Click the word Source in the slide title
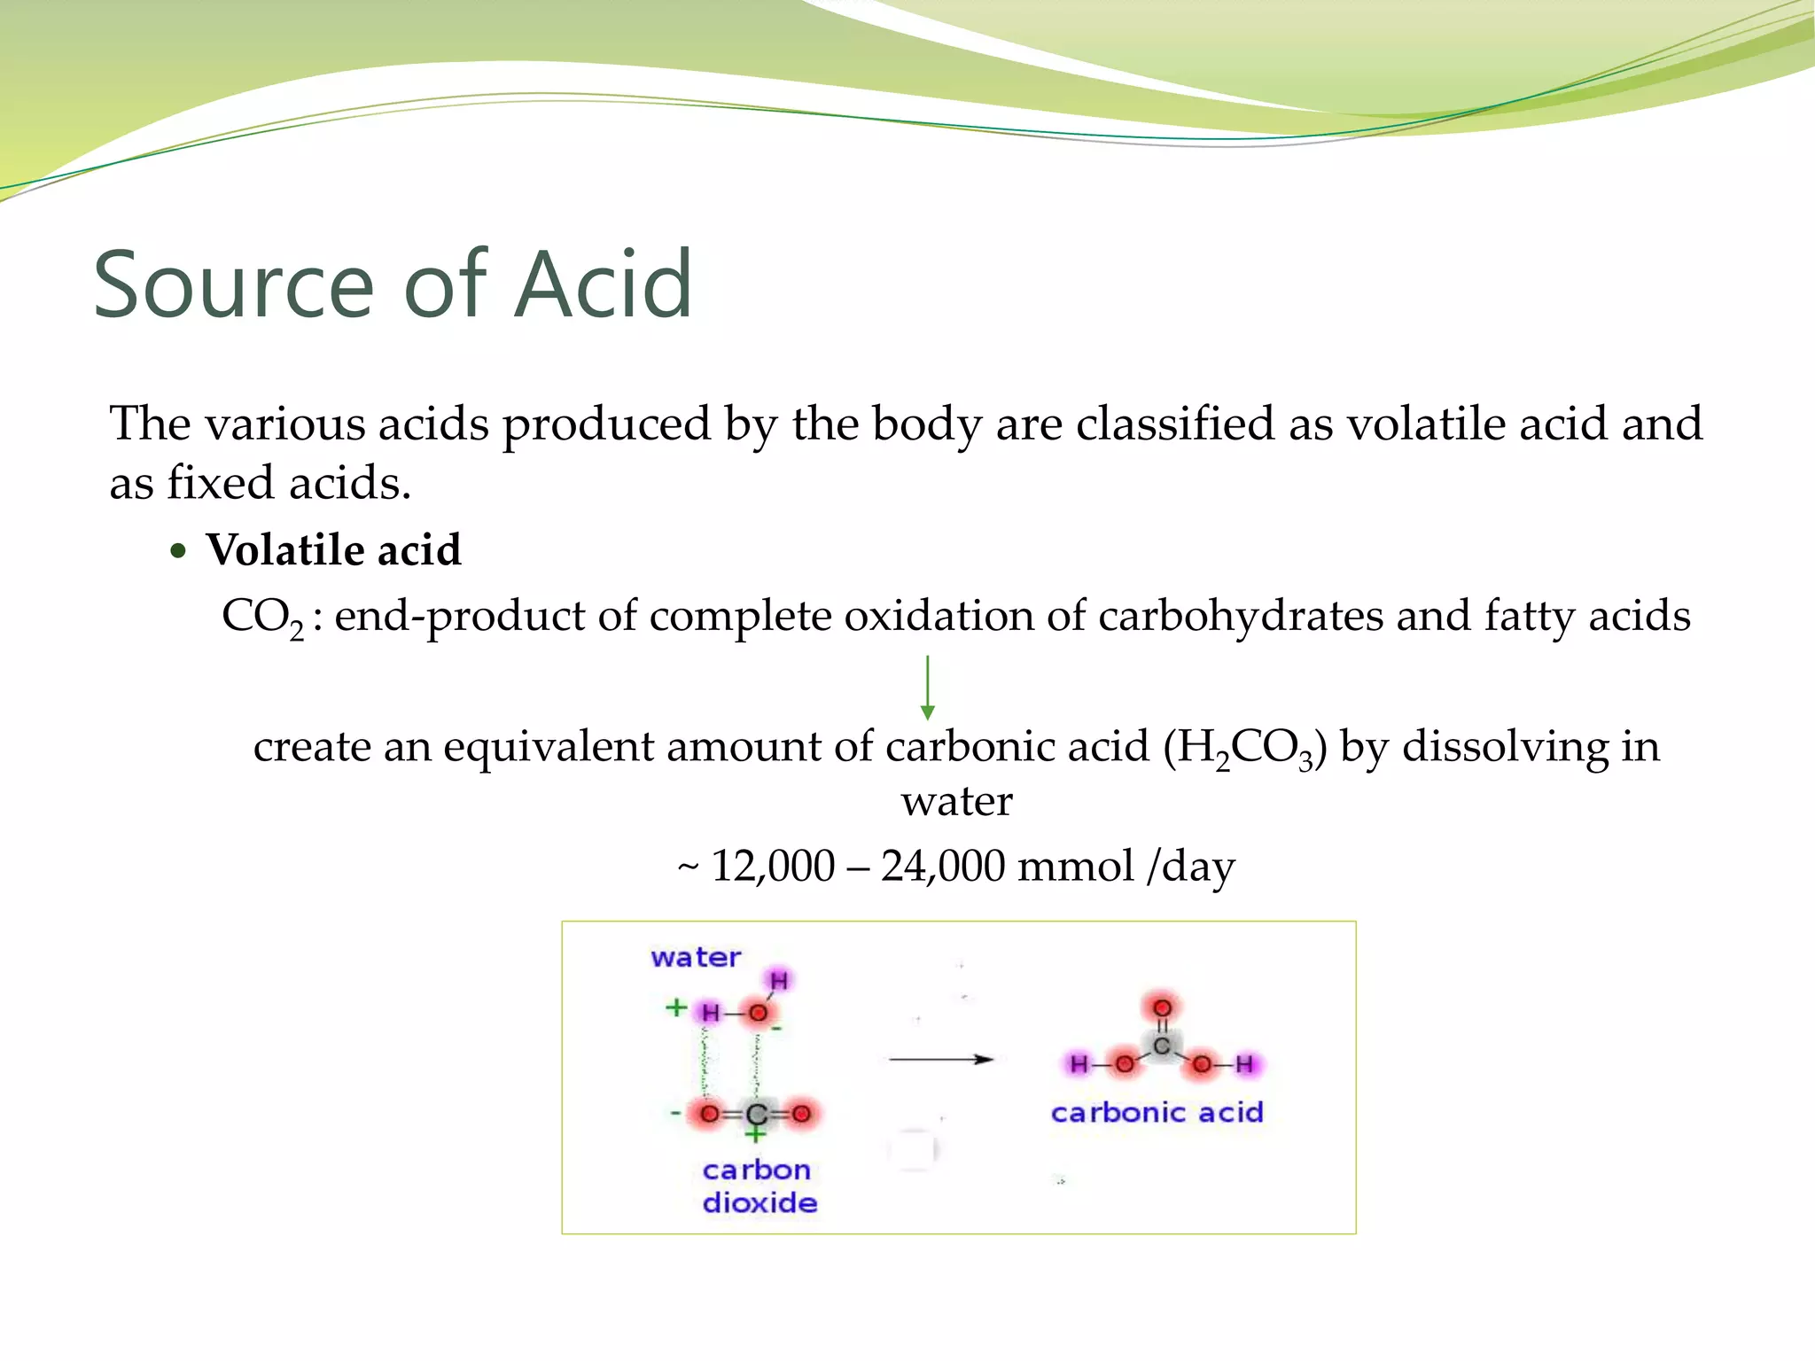(234, 285)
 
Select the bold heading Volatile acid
(333, 550)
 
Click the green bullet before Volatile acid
(179, 551)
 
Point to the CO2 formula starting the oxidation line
(262, 617)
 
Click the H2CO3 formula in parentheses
(1245, 748)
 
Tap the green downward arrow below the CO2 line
(927, 688)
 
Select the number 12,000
(773, 866)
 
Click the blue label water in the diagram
(696, 958)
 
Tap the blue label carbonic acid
(1157, 1113)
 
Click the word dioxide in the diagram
(759, 1203)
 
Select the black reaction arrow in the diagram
(941, 1059)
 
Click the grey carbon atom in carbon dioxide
(756, 1114)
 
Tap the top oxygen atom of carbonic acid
(1162, 1007)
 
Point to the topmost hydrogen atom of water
(779, 980)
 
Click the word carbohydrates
(1240, 617)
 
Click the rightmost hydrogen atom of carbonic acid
(1245, 1064)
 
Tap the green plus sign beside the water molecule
(676, 1007)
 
